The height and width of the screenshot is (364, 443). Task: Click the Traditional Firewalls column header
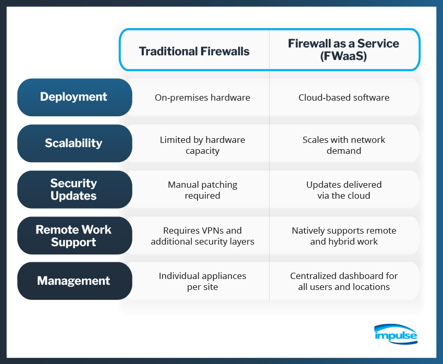(x=194, y=51)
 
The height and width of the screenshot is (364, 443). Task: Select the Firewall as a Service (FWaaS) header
(x=343, y=50)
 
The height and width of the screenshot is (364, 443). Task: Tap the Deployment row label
(x=73, y=97)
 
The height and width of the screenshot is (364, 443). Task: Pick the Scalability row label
(x=73, y=143)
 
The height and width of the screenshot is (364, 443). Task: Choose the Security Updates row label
(x=73, y=189)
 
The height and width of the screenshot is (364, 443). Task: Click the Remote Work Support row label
(x=73, y=236)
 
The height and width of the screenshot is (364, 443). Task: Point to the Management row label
(x=73, y=281)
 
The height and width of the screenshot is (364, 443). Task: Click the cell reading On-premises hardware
(x=202, y=98)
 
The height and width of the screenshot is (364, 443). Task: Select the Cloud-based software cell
(x=343, y=98)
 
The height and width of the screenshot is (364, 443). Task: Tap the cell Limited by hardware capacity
(x=202, y=145)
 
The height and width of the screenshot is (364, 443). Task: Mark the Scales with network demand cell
(x=343, y=145)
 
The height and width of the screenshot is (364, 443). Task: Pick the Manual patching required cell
(x=202, y=190)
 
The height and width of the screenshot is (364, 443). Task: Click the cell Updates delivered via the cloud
(x=343, y=190)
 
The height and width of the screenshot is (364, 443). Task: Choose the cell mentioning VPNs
(x=202, y=236)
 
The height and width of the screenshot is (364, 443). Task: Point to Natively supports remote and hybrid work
(x=343, y=236)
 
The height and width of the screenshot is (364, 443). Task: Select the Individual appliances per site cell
(x=202, y=281)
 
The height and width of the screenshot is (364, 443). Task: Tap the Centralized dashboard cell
(x=343, y=281)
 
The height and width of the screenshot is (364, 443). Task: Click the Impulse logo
(x=396, y=334)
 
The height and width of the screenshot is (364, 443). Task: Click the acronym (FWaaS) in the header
(x=343, y=56)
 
